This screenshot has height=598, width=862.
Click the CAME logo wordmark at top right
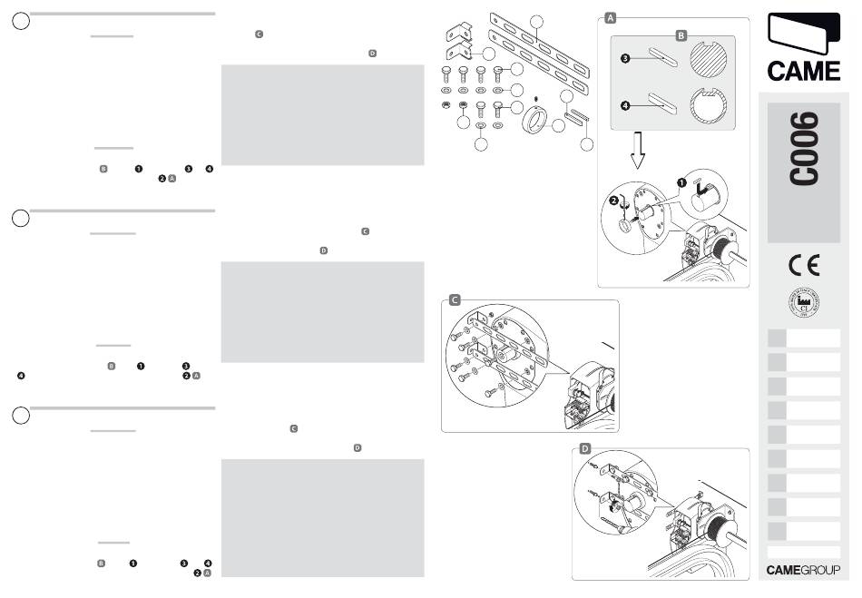803,71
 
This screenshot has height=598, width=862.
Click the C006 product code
803,149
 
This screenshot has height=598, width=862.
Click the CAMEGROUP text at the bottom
803,570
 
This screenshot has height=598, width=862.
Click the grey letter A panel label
611,18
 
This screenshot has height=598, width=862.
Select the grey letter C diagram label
455,299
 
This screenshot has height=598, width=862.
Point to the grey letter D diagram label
585,448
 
